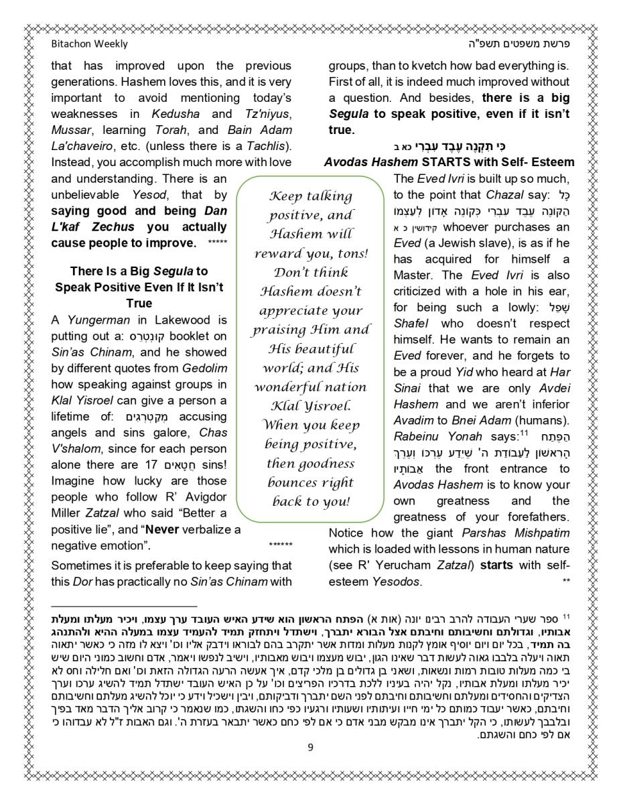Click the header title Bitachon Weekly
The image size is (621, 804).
[89, 44]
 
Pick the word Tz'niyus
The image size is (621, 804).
[267, 114]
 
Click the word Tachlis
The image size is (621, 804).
[268, 146]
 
